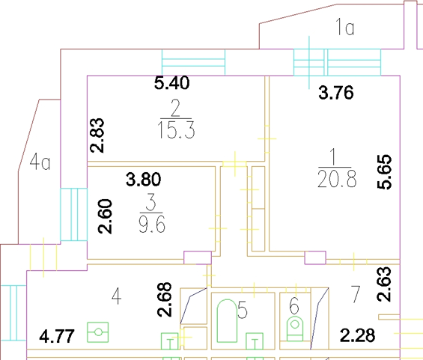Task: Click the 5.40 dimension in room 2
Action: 172,83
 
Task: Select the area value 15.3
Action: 176,129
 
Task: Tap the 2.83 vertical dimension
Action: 97,135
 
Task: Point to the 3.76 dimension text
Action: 336,93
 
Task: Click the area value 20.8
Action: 337,179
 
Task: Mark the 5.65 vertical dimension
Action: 384,172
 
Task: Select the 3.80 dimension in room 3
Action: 144,180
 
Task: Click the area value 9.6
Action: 152,224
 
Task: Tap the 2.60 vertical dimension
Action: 105,216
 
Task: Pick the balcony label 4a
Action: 40,162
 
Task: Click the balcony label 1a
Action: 345,27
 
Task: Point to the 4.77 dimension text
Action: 57,336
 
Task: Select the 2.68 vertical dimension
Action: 164,299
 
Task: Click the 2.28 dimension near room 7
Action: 357,335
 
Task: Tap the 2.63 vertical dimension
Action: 384,284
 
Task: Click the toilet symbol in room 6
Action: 295,329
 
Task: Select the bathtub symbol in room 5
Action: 227,320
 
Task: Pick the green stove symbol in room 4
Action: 98,332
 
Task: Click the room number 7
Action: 356,294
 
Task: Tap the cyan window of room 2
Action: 193,62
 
